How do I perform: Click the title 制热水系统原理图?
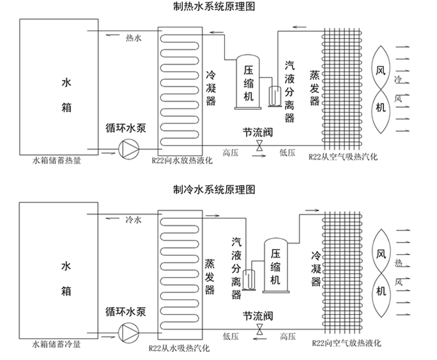point(218,8)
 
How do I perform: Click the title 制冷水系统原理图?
point(218,190)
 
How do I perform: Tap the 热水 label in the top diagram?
point(134,40)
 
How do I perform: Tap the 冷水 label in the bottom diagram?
point(134,220)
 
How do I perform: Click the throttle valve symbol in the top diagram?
point(259,147)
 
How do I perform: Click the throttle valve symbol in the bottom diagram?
point(259,330)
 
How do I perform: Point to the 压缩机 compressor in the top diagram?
point(249,82)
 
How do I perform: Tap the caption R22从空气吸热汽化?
point(344,156)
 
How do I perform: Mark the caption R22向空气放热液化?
point(344,343)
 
